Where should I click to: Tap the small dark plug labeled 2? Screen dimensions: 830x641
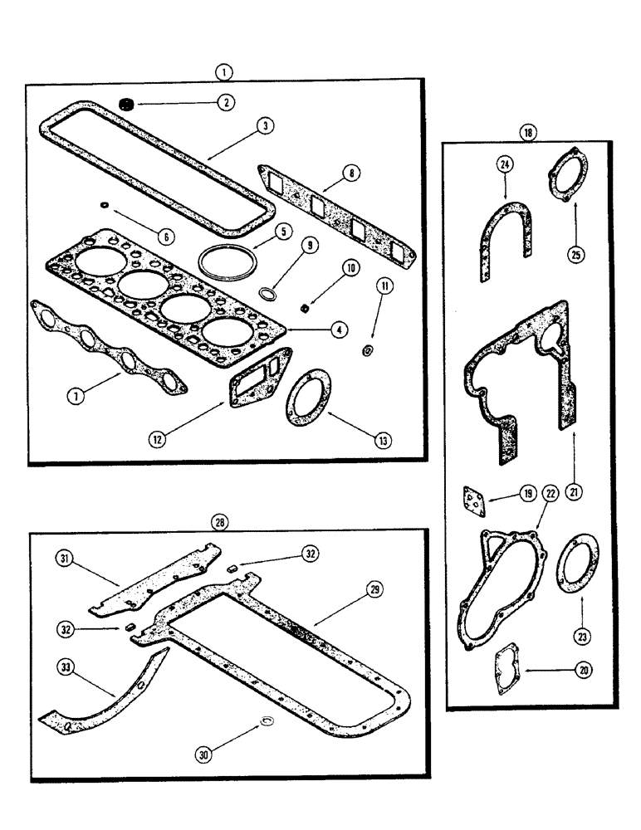pyautogui.click(x=127, y=105)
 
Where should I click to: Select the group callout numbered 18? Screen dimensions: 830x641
pyautogui.click(x=528, y=132)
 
